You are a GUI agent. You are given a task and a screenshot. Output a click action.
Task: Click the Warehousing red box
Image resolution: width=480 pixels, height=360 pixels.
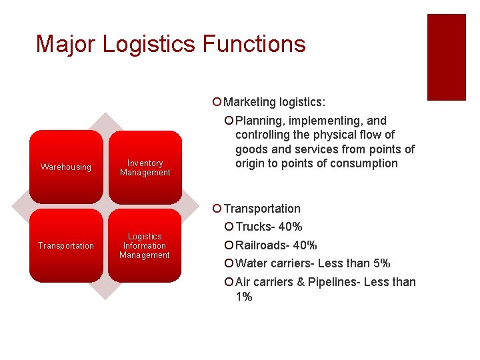[66, 167]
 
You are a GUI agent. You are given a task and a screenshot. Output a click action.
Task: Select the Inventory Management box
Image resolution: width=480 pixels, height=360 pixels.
[145, 167]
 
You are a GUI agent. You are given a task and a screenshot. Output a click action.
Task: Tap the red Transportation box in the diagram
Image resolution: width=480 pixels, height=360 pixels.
[66, 245]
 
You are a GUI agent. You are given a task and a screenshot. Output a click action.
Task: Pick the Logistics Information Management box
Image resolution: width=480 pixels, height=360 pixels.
[145, 245]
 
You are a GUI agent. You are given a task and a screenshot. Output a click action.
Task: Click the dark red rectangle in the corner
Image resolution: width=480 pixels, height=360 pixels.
[446, 57]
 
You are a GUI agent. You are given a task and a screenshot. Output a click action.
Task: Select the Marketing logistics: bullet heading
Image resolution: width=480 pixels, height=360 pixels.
[275, 102]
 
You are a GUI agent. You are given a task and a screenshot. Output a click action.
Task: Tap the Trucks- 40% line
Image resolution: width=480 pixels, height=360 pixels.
[269, 227]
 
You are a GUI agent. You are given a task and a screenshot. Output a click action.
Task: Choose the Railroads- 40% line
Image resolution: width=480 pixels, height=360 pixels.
[276, 245]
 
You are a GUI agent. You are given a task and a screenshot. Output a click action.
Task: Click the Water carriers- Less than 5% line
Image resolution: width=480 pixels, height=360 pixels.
[313, 263]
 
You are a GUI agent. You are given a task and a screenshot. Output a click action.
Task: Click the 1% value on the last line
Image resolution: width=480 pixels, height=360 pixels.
[243, 297]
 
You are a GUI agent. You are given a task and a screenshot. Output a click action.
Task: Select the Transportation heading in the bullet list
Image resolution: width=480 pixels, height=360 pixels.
[262, 209]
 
